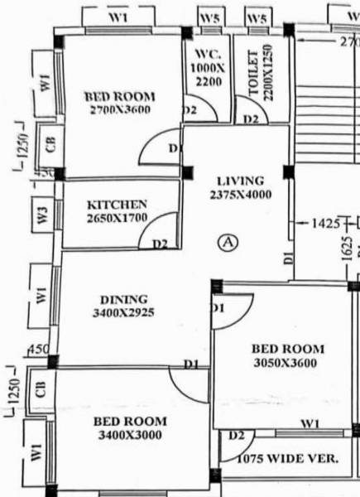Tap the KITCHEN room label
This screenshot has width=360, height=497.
[118, 205]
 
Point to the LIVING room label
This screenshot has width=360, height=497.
[240, 181]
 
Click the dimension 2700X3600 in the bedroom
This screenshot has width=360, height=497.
[119, 109]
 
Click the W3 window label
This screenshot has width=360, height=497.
[44, 214]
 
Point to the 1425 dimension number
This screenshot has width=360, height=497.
[325, 224]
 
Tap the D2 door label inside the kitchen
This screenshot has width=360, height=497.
[160, 244]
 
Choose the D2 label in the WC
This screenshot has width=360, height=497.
[190, 109]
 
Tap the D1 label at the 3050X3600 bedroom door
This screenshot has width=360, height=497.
[218, 307]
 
